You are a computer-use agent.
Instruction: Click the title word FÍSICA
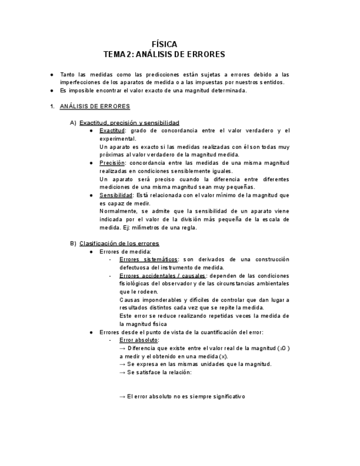point(164,44)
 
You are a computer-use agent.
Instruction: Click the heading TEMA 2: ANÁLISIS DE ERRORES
point(164,54)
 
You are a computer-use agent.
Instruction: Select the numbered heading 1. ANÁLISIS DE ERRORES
point(94,106)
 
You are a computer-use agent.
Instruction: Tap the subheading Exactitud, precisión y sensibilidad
point(129,123)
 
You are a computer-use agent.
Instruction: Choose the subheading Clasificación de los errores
point(119,243)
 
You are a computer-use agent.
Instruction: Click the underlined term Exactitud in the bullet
point(112,131)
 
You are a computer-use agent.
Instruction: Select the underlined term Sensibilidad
point(115,196)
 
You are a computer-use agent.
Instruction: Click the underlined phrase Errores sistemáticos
point(148,259)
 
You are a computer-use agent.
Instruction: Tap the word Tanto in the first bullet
point(68,74)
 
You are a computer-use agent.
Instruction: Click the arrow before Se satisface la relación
point(123,373)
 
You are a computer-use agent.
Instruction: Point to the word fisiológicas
point(138,284)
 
